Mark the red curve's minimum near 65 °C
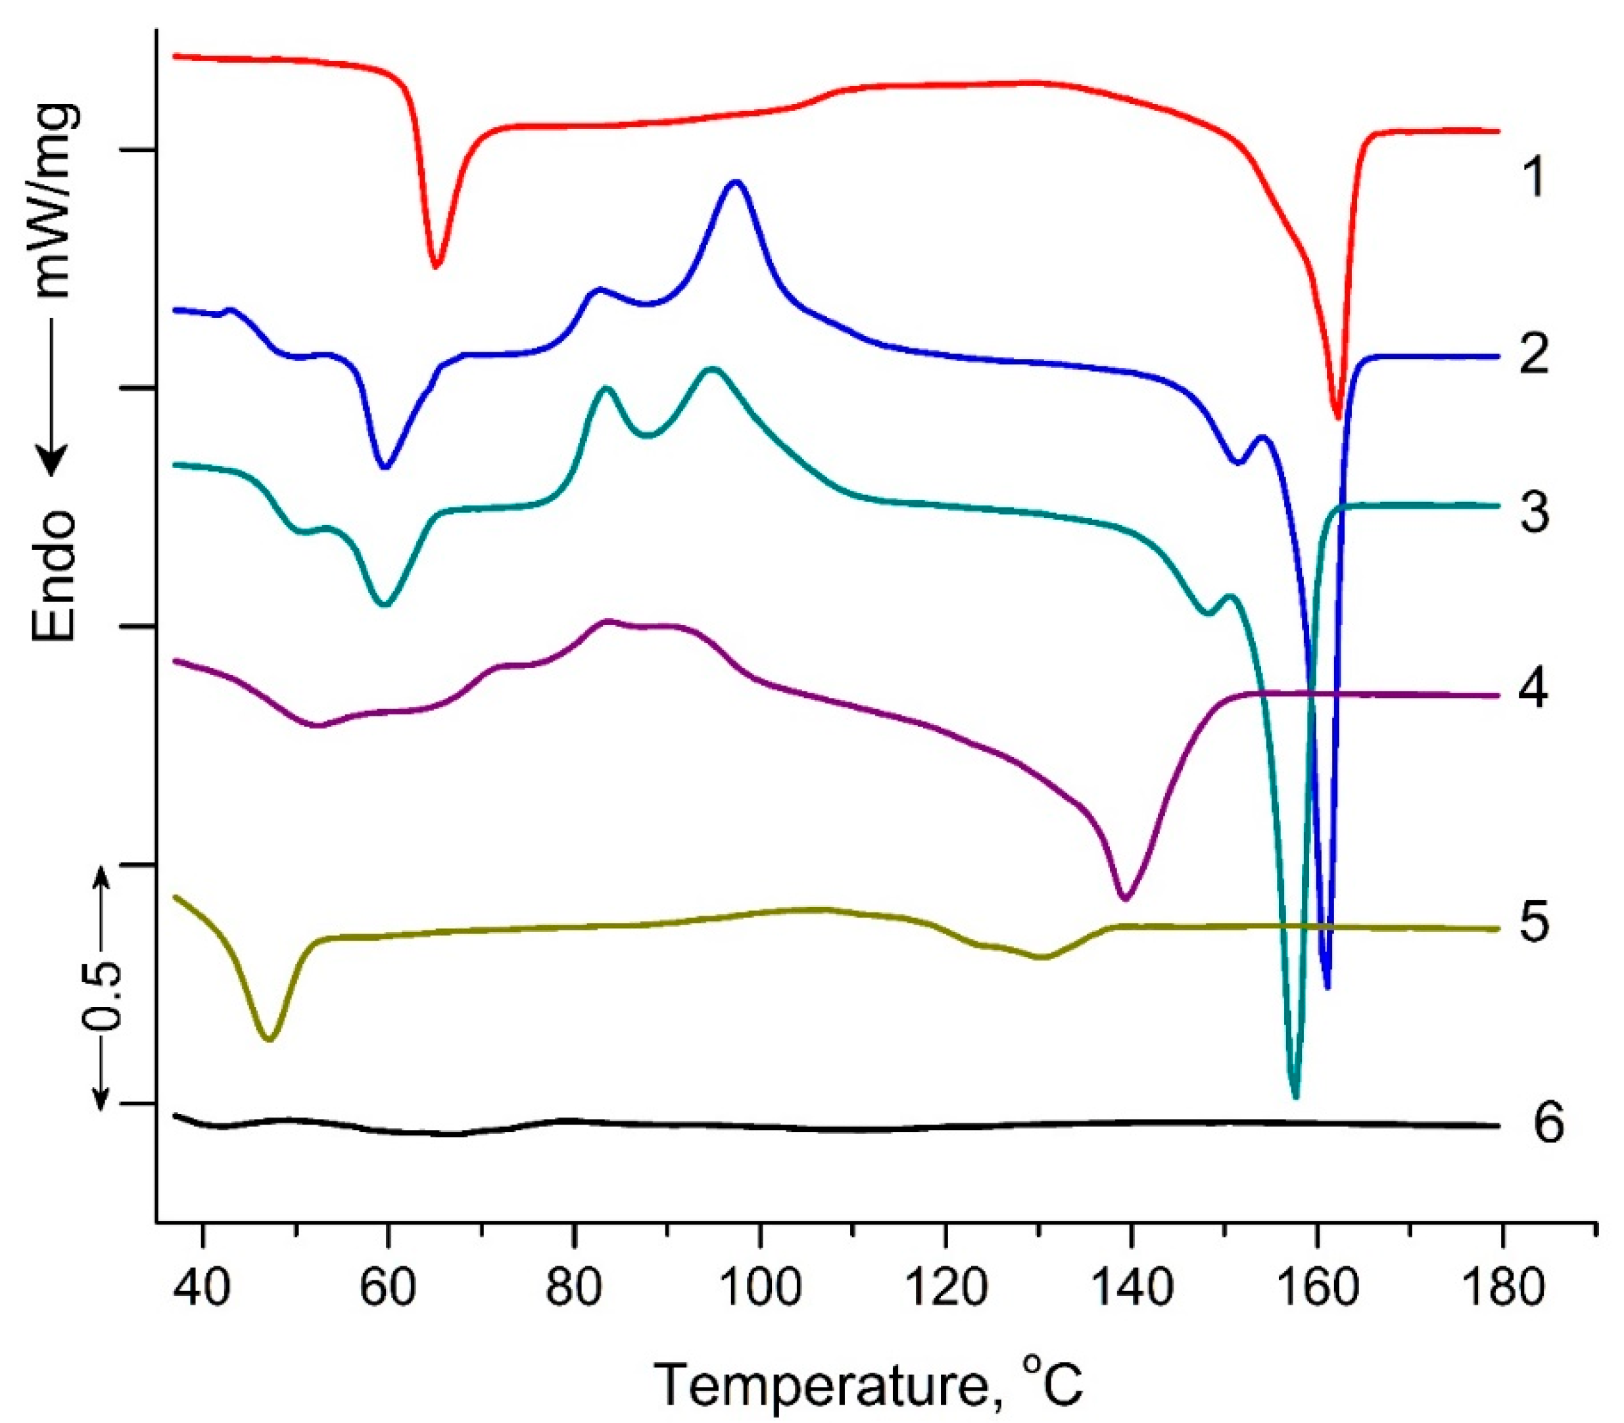point(435,267)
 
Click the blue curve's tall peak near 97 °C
point(736,182)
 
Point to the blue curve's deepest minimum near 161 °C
point(1326,987)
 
